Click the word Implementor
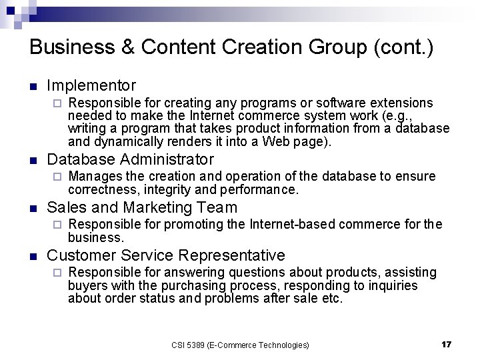point(91,85)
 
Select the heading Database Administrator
point(131,159)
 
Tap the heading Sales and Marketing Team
point(142,207)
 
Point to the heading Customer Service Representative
point(166,255)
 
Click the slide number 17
point(446,344)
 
